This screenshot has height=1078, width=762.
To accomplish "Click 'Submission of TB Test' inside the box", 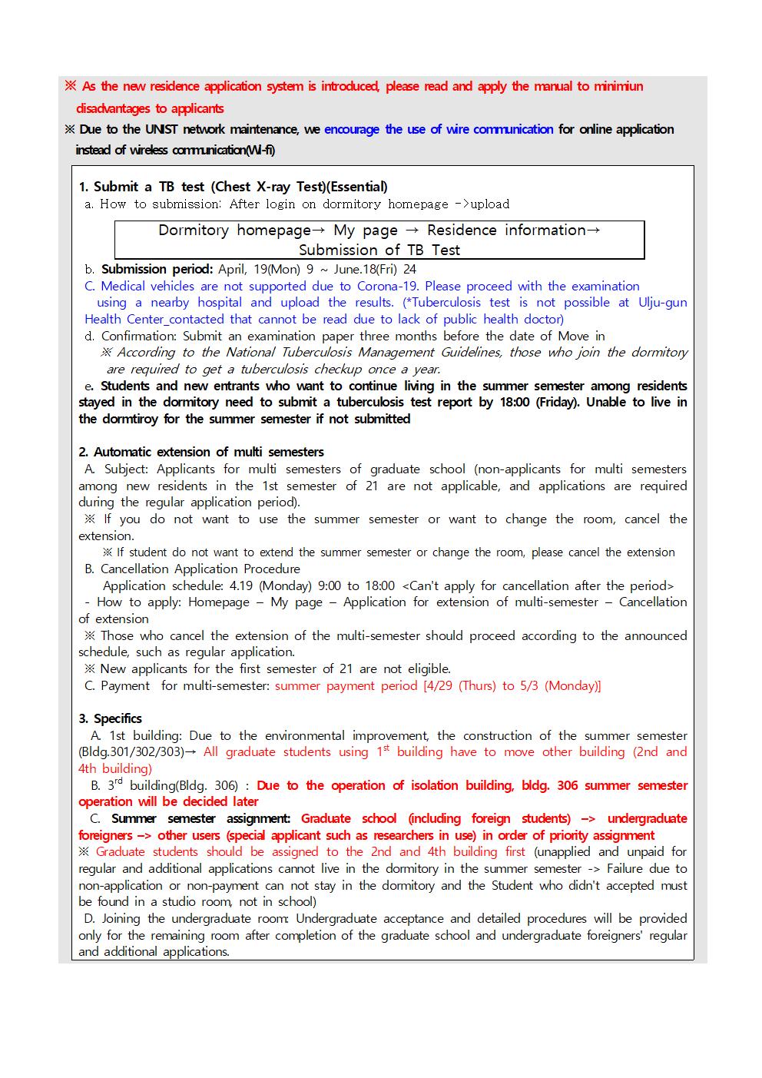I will [x=379, y=250].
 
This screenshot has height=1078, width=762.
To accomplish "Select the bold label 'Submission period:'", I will [x=157, y=269].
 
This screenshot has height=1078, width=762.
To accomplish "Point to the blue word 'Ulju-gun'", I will [x=662, y=302].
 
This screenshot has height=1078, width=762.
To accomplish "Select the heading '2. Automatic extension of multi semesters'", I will [x=201, y=452].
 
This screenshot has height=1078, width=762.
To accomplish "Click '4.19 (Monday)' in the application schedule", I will [x=274, y=585].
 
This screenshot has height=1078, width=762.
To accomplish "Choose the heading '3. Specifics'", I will [x=110, y=718].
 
